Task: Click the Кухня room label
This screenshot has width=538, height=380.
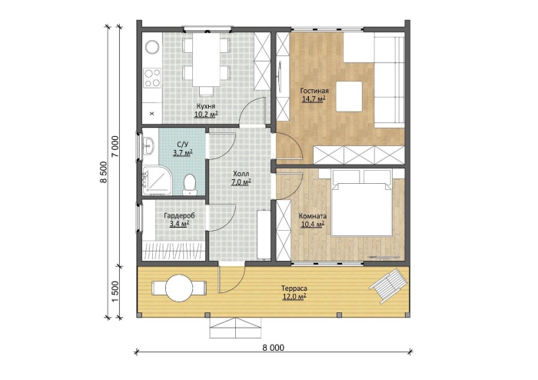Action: tap(206, 105)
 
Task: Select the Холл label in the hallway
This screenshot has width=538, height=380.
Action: tap(241, 174)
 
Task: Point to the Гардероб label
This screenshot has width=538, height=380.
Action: tap(179, 216)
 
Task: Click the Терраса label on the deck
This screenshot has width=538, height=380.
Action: tap(294, 288)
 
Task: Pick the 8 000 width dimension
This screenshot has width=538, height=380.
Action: tap(273, 348)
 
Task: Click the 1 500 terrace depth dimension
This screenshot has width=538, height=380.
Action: tap(115, 292)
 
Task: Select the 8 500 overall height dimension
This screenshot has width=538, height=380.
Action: tap(104, 172)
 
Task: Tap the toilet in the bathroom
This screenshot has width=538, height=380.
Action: tap(190, 185)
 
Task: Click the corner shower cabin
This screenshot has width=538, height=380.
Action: tap(157, 181)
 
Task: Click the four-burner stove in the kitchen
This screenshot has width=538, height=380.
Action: tap(152, 78)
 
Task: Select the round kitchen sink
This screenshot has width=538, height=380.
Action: tap(152, 47)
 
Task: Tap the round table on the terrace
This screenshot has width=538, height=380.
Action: tap(179, 288)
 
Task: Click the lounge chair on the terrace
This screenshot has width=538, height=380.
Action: tap(389, 286)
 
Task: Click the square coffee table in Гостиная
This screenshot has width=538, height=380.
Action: tap(349, 96)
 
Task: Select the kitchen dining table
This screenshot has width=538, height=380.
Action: tap(206, 60)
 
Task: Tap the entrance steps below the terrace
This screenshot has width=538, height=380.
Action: tap(235, 328)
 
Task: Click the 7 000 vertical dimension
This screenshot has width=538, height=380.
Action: tap(115, 147)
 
